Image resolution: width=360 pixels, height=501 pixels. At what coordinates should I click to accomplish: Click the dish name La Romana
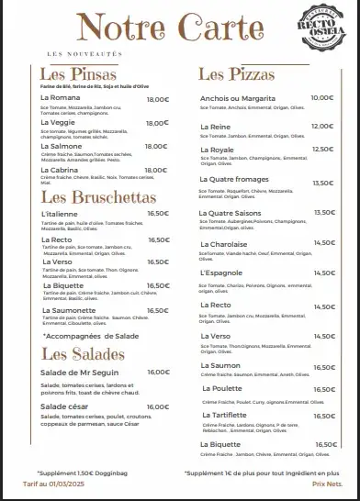coord(59,98)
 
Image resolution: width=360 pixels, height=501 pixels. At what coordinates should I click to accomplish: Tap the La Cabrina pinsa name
coord(60,168)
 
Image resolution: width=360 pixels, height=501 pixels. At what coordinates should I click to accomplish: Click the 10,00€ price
coord(321,97)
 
